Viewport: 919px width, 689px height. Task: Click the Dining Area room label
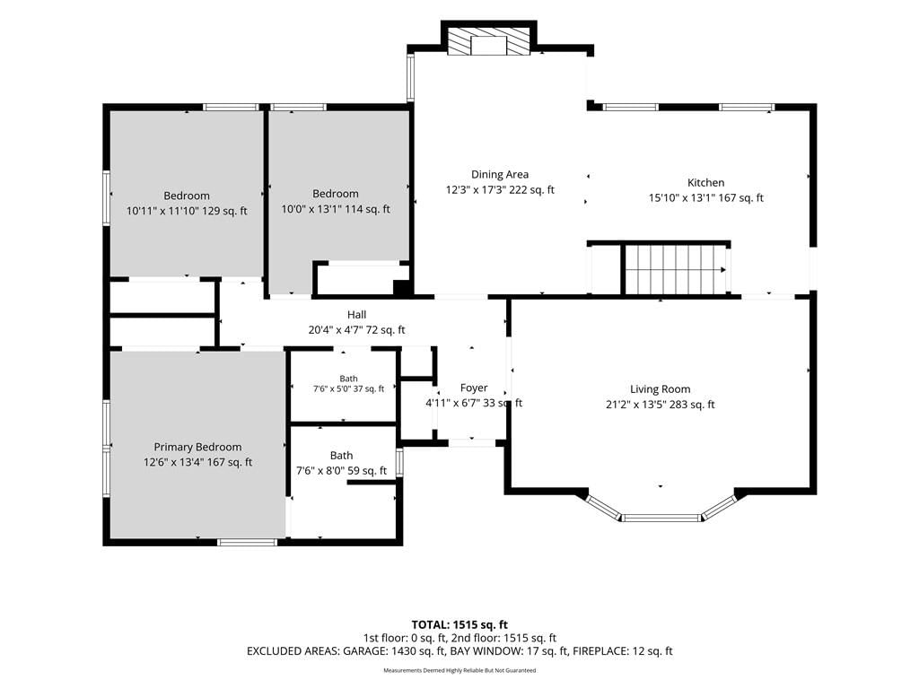click(x=500, y=174)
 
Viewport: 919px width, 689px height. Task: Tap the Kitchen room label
click(x=705, y=182)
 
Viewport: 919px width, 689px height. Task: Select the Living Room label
click(x=660, y=389)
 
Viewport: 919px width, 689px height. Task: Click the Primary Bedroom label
click(x=197, y=447)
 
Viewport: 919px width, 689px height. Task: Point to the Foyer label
click(x=474, y=388)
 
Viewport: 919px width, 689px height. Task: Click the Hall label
click(x=356, y=315)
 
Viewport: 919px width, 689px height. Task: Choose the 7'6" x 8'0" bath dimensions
click(x=319, y=471)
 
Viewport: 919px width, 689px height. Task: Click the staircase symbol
click(x=677, y=269)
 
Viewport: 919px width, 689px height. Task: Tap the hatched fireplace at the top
click(x=489, y=41)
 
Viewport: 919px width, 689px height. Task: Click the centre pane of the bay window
click(x=661, y=518)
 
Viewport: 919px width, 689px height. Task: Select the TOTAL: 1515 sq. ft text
click(x=459, y=624)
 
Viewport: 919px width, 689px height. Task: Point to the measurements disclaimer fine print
click(x=459, y=670)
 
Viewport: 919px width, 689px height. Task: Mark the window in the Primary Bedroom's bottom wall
click(x=248, y=542)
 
